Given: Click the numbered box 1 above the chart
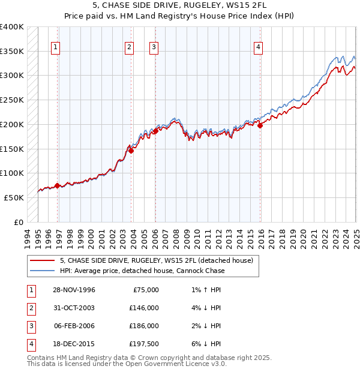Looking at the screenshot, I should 55,47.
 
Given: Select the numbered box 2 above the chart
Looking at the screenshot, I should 129,47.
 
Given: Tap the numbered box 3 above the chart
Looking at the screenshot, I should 154,47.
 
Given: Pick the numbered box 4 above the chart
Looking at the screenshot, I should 258,47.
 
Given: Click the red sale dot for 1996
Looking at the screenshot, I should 58,185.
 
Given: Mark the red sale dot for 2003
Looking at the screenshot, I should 131,151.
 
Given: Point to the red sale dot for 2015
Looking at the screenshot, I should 260,125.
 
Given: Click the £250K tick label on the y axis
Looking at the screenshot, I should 12,100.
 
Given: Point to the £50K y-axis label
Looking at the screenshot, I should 14,197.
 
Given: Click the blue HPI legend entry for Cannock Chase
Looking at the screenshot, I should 142,271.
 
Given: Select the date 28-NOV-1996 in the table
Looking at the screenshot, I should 74,290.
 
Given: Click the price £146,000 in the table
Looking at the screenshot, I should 144,308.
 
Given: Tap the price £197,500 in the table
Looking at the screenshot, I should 144,344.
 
